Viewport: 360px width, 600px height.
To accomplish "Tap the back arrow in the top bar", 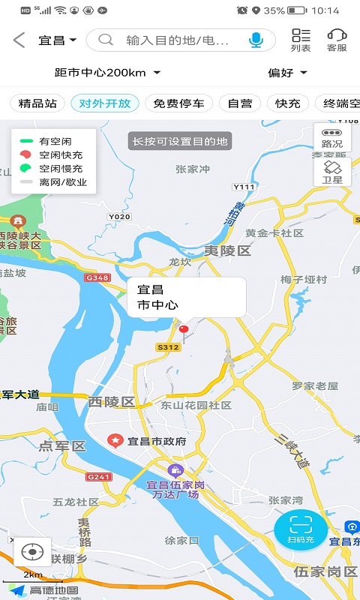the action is click(x=19, y=40).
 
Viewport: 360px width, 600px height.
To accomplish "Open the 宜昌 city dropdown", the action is click(x=58, y=40).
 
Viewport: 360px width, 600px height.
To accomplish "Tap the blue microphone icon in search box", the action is click(x=256, y=40).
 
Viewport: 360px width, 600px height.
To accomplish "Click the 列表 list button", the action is click(x=301, y=40).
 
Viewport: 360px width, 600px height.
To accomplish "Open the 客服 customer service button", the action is click(x=337, y=40).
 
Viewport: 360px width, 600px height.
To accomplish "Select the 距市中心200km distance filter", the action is click(x=108, y=73).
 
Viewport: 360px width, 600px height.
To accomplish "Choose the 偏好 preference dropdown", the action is click(x=288, y=73).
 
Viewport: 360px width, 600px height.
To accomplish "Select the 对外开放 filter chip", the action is click(x=105, y=103).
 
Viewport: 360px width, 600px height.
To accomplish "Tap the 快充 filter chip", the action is click(x=288, y=103).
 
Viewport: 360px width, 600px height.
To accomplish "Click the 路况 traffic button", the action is click(x=332, y=137).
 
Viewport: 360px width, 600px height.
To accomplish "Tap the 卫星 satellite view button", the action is click(x=332, y=172).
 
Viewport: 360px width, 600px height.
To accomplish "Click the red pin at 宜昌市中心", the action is click(x=184, y=328).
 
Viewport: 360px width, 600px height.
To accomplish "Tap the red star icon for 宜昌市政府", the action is click(x=115, y=440).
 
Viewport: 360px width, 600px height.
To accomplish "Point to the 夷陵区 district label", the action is click(x=228, y=251).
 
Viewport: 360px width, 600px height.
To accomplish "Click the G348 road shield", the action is click(x=97, y=278).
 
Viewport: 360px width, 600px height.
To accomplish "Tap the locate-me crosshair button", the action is click(x=32, y=553).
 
